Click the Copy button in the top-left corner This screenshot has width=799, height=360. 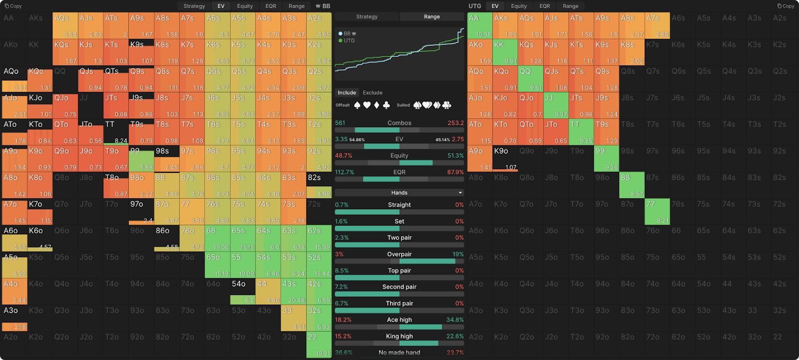pyautogui.click(x=13, y=6)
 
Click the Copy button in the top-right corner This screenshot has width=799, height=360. pyautogui.click(x=786, y=6)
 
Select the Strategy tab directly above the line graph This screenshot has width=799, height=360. pyautogui.click(x=367, y=16)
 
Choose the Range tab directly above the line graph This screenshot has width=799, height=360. pyautogui.click(x=432, y=16)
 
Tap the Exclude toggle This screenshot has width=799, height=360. pyautogui.click(x=373, y=92)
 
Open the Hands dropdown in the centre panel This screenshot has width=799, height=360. pyautogui.click(x=399, y=193)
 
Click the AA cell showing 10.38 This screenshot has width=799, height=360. pyautogui.click(x=479, y=25)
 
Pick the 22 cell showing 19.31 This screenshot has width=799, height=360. pyautogui.click(x=319, y=345)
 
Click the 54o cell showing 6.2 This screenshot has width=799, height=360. pyautogui.click(x=242, y=292)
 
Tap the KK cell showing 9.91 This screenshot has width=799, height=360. pyautogui.click(x=505, y=52)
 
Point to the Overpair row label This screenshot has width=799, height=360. pyautogui.click(x=399, y=254)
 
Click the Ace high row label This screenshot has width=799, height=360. pyautogui.click(x=399, y=320)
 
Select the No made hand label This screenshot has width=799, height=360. pyautogui.click(x=399, y=353)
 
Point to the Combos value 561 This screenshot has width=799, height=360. pyautogui.click(x=340, y=123)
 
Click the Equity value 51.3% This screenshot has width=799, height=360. pyautogui.click(x=455, y=155)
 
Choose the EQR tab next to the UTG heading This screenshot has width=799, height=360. pyautogui.click(x=544, y=6)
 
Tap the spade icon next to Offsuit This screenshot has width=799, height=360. pyautogui.click(x=358, y=105)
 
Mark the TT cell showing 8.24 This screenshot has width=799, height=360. pyautogui.click(x=115, y=132)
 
